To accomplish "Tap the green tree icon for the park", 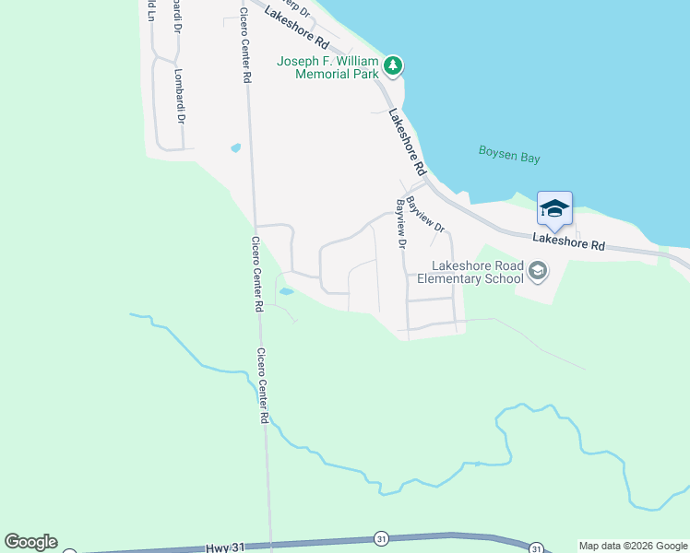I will (x=394, y=65).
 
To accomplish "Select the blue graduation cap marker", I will (x=554, y=209).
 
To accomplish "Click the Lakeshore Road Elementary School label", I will (x=470, y=272).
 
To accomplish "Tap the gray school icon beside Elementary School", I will (x=539, y=271).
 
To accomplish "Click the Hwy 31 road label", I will (x=225, y=547).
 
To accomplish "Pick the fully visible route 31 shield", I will (x=380, y=538).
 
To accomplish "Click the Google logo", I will (x=30, y=542).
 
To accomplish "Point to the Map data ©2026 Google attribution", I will (x=633, y=546).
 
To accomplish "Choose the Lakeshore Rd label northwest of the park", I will (x=295, y=28).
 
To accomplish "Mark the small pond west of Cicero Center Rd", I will (x=235, y=147).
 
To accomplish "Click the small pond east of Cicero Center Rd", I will (x=287, y=291).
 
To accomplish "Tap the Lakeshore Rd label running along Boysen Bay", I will (x=407, y=142).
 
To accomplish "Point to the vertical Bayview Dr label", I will (x=401, y=223).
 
